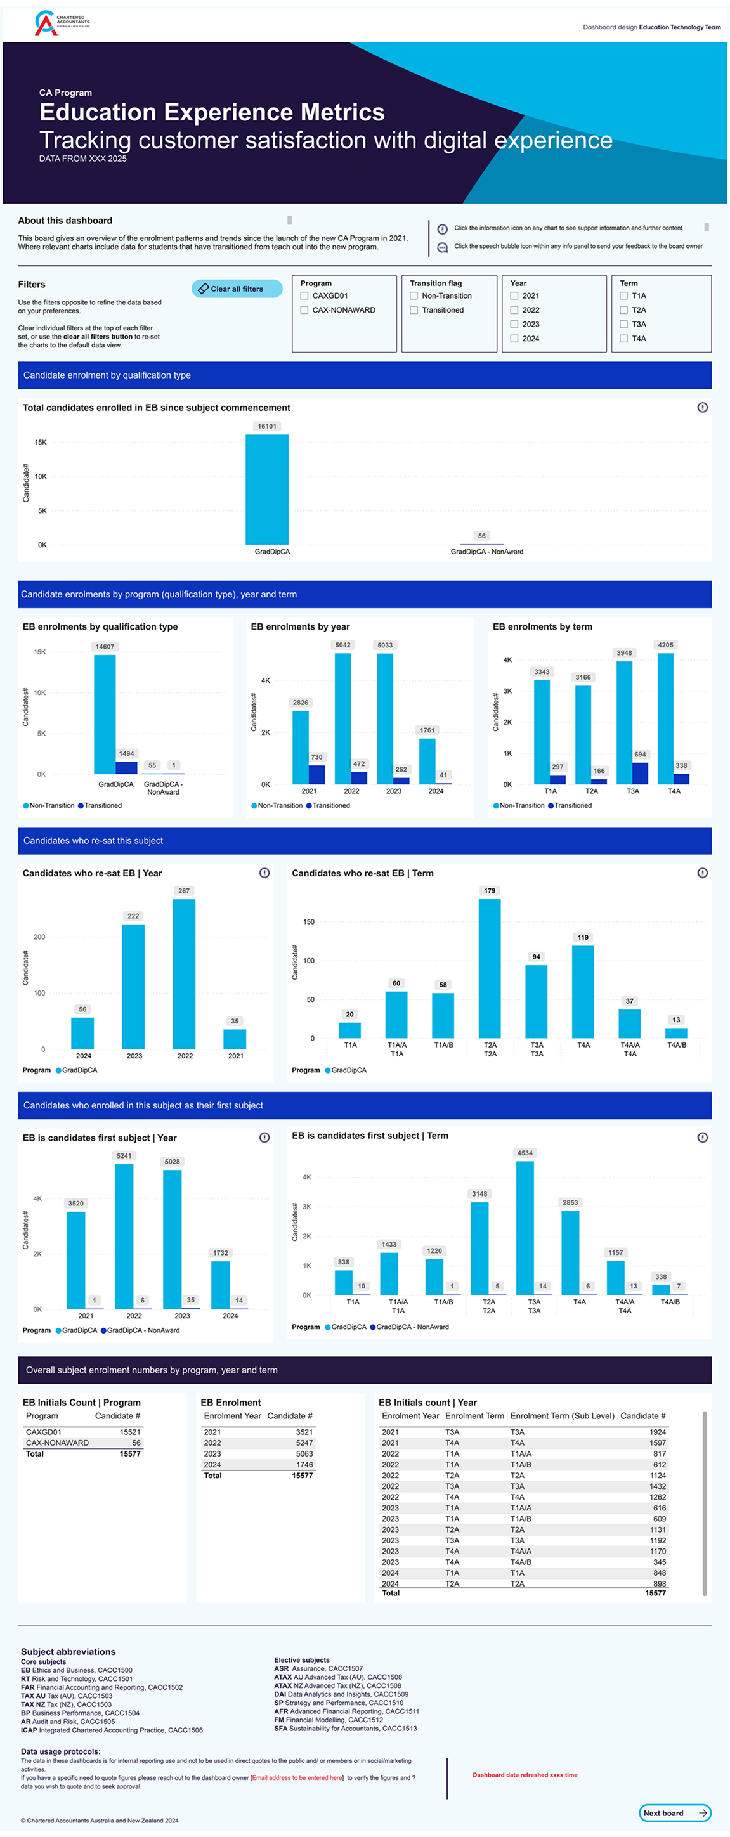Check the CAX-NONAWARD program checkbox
tap(304, 310)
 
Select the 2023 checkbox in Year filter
tap(514, 325)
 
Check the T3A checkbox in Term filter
tap(623, 325)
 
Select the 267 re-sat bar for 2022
tap(184, 973)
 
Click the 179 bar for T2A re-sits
tap(490, 967)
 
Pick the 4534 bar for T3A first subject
tap(525, 1226)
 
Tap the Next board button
tap(674, 1812)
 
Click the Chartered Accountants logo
tap(62, 22)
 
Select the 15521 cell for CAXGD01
tap(129, 1432)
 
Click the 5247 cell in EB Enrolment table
tap(304, 1443)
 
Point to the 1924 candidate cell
tap(657, 1432)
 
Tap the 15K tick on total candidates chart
tap(41, 442)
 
